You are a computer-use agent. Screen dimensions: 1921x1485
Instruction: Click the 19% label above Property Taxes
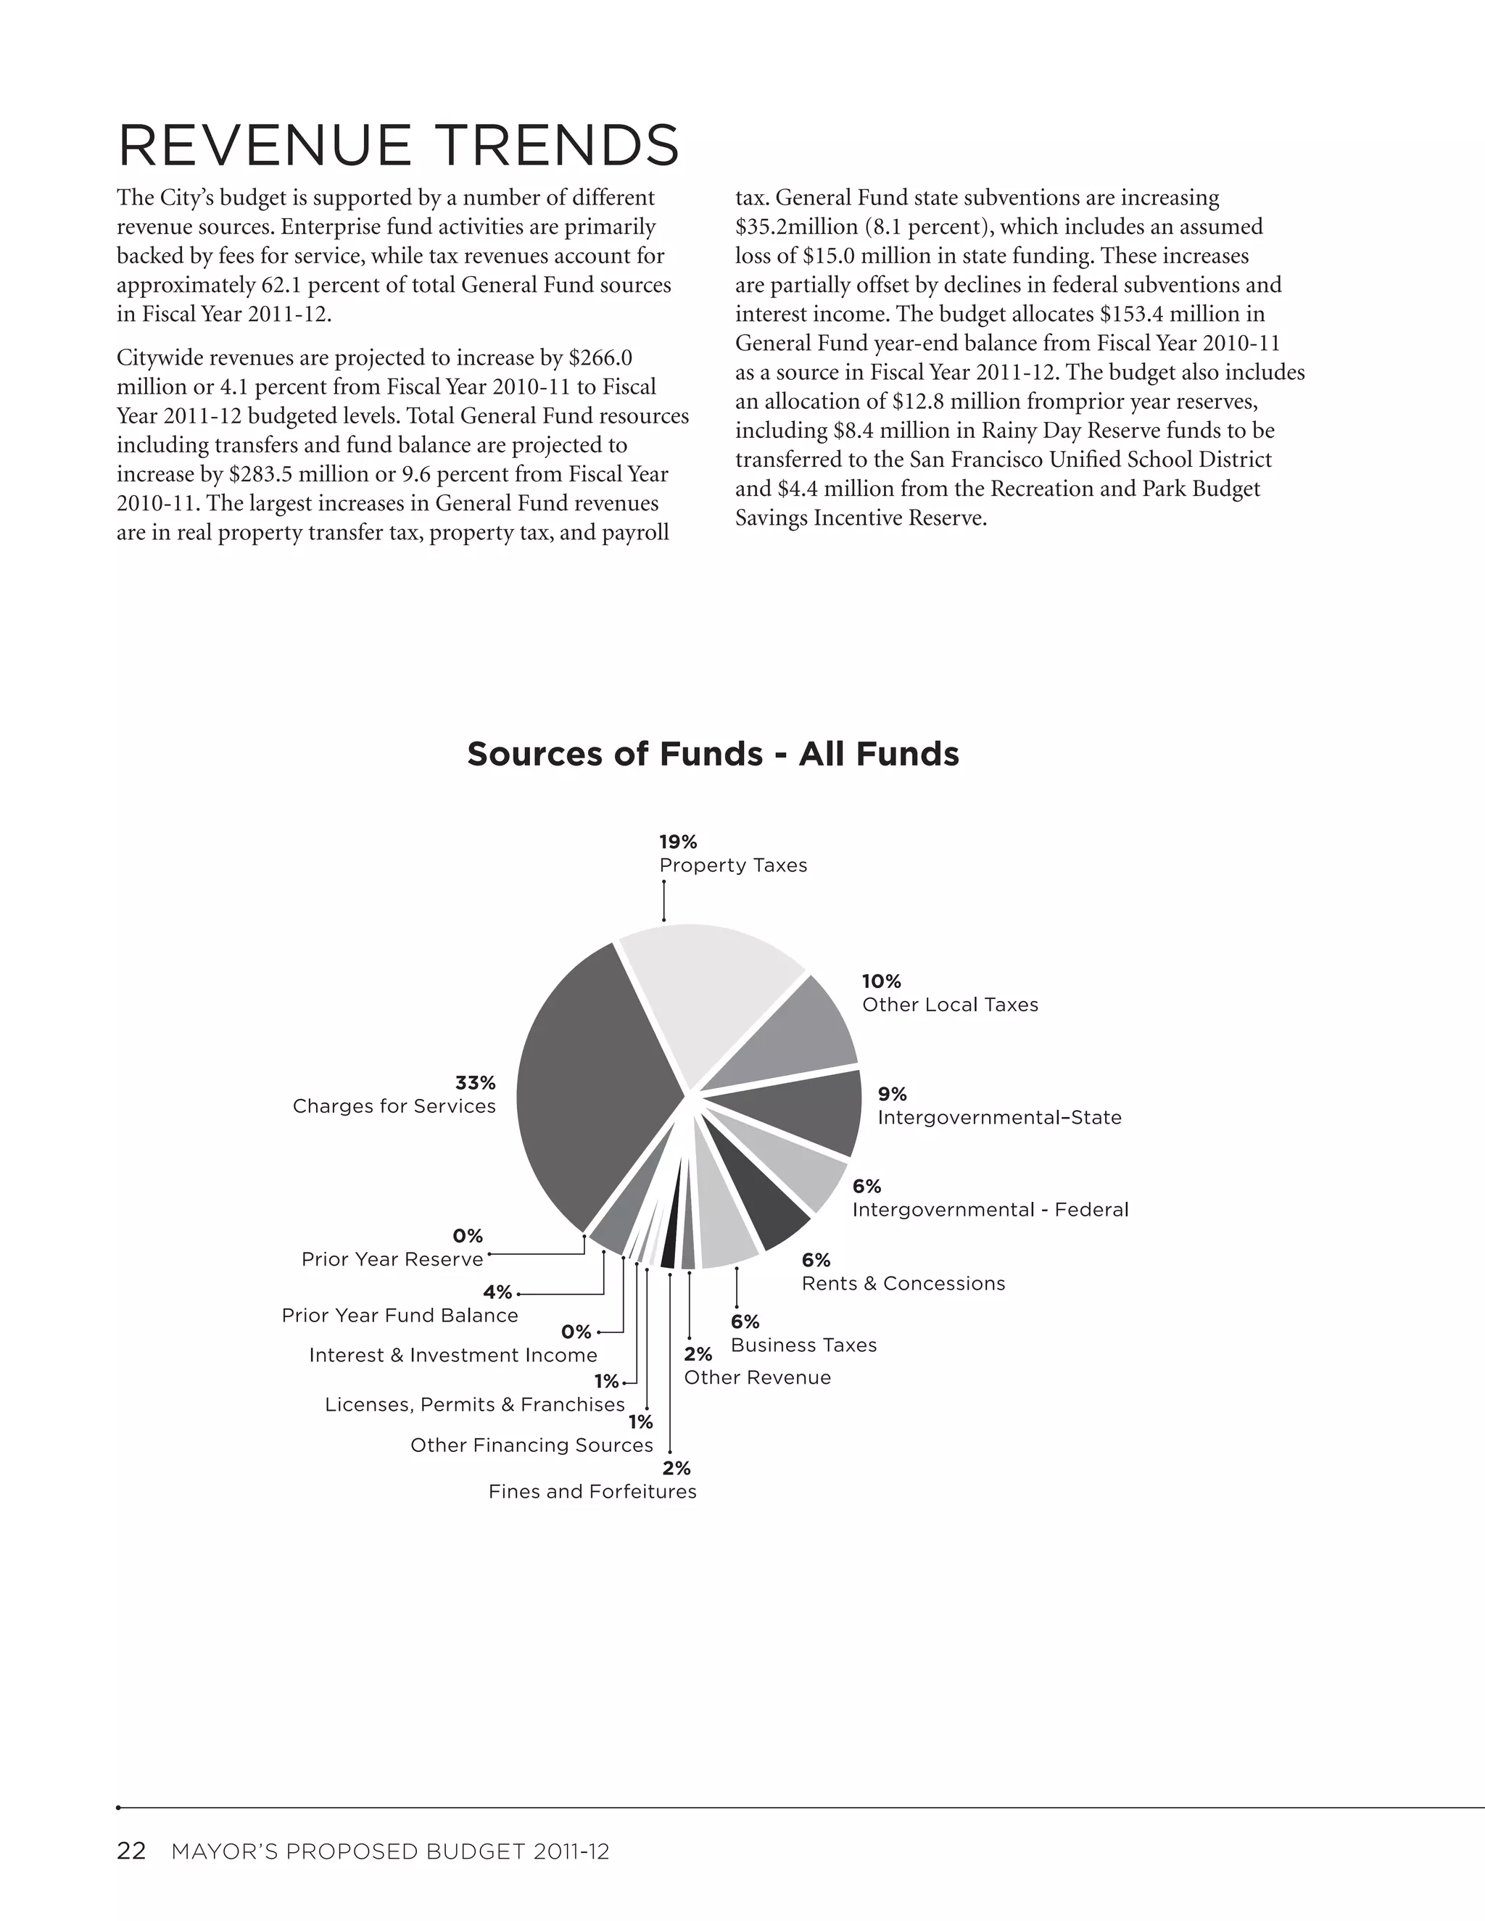click(677, 842)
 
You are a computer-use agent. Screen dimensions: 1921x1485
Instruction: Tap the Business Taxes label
click(803, 1345)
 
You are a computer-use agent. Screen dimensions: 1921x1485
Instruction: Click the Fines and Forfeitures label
click(592, 1491)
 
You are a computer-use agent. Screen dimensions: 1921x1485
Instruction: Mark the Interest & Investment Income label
click(453, 1355)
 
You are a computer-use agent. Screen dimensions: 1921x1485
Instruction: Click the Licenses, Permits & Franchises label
click(474, 1404)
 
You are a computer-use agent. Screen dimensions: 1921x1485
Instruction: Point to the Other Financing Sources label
click(531, 1445)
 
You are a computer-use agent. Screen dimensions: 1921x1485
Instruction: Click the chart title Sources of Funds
click(713, 754)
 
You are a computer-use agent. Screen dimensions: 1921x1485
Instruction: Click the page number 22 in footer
click(131, 1851)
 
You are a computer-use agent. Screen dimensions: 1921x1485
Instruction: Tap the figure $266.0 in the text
click(601, 358)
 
